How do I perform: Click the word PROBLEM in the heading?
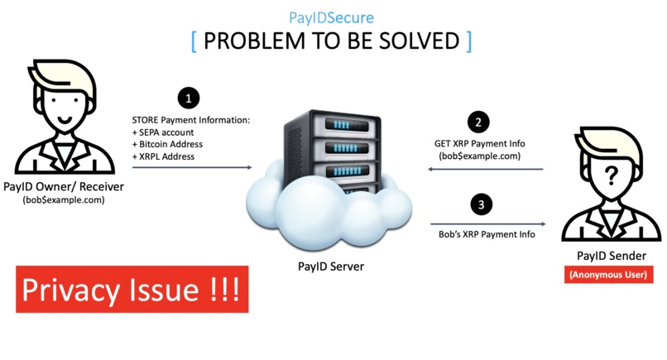pos(249,41)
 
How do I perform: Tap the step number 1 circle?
pos(190,98)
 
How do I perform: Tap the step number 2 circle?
pos(478,122)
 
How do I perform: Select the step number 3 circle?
pos(479,203)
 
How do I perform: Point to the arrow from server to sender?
pos(488,223)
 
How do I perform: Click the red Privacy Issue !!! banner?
pos(132,290)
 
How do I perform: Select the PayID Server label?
pos(331,266)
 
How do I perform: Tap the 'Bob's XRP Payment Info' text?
pos(487,235)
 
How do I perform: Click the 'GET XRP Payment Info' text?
pos(480,143)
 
